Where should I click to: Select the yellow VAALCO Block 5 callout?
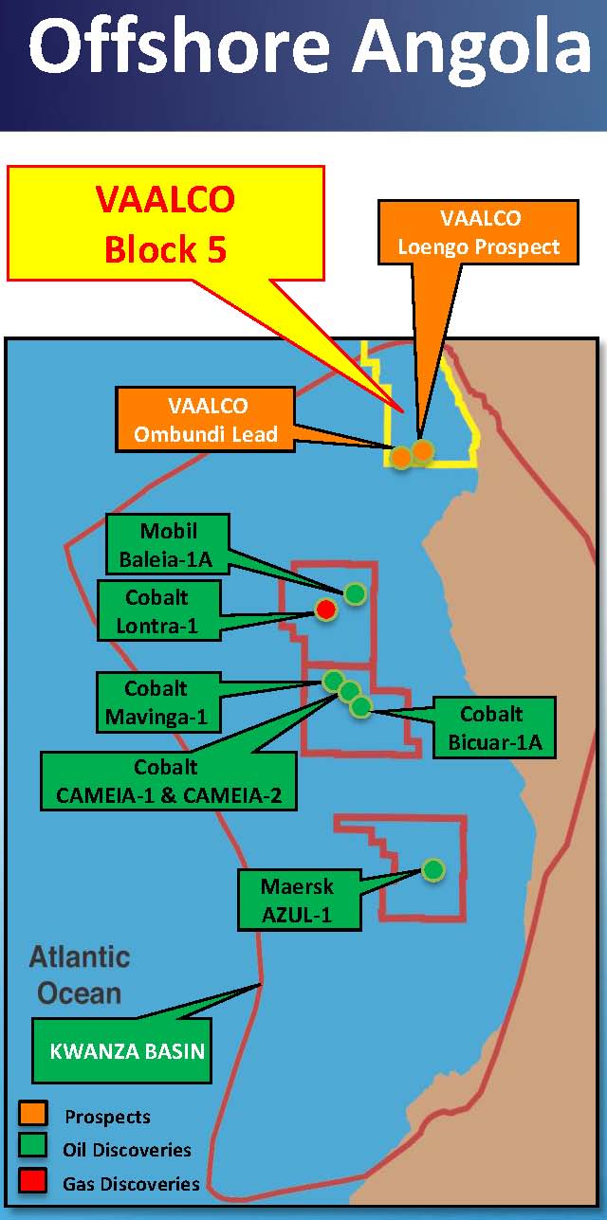point(166,224)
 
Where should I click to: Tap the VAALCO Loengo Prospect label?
point(478,232)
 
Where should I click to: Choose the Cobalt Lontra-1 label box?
point(156,611)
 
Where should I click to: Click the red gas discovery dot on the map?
point(325,610)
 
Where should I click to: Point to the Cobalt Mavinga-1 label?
point(156,702)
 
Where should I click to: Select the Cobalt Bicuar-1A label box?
point(492,728)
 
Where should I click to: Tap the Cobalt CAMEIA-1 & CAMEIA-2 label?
point(169,781)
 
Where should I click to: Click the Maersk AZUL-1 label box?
point(297,901)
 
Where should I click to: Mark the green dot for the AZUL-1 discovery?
point(432,868)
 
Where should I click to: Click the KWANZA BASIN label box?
point(121,1050)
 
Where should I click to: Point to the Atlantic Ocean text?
point(79,974)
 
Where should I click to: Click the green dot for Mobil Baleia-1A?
point(355,593)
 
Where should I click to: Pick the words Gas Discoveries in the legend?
point(131,1183)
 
